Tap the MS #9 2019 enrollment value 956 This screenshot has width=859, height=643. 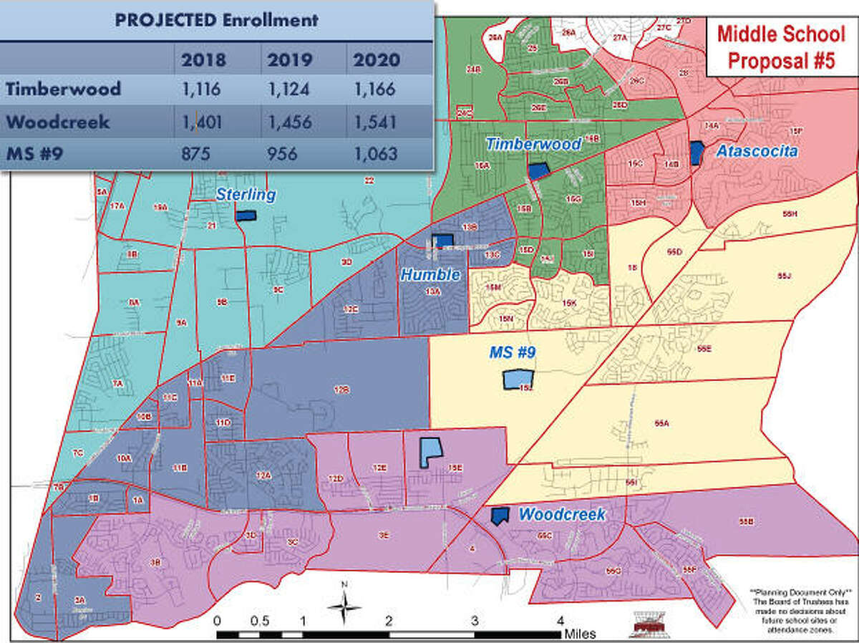click(x=289, y=153)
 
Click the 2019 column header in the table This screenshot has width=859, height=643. click(x=289, y=59)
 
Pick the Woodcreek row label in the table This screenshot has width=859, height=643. click(x=58, y=122)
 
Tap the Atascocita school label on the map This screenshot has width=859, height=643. click(x=757, y=151)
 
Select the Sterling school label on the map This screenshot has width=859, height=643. click(x=246, y=194)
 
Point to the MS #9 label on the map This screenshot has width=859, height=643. click(x=513, y=352)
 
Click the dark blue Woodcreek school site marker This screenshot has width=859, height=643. click(x=499, y=516)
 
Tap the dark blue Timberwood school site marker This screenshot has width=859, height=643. click(x=538, y=171)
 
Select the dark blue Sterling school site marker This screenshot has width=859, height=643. click(x=246, y=215)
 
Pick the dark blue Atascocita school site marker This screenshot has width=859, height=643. click(x=697, y=153)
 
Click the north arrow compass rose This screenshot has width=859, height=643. click(x=344, y=607)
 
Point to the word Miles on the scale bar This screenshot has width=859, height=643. click(x=579, y=634)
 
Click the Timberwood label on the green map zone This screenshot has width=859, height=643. click(x=533, y=144)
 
